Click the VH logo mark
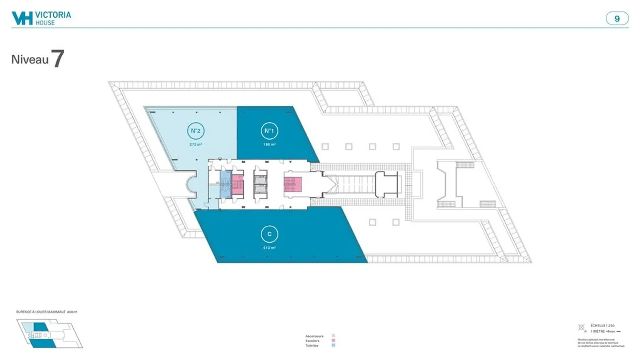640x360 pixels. [22, 18]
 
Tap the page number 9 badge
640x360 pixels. [617, 19]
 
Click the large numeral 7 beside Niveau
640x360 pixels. [58, 59]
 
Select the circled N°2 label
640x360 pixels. [194, 131]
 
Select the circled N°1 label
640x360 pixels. [268, 131]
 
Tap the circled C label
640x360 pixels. [269, 234]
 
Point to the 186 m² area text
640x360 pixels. [268, 145]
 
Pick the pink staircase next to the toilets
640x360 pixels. [237, 184]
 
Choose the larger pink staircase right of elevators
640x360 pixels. [292, 184]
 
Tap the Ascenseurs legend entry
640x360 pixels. [314, 336]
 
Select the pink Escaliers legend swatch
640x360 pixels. [333, 341]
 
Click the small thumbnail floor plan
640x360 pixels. [49, 333]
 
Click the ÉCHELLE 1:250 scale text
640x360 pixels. [602, 326]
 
